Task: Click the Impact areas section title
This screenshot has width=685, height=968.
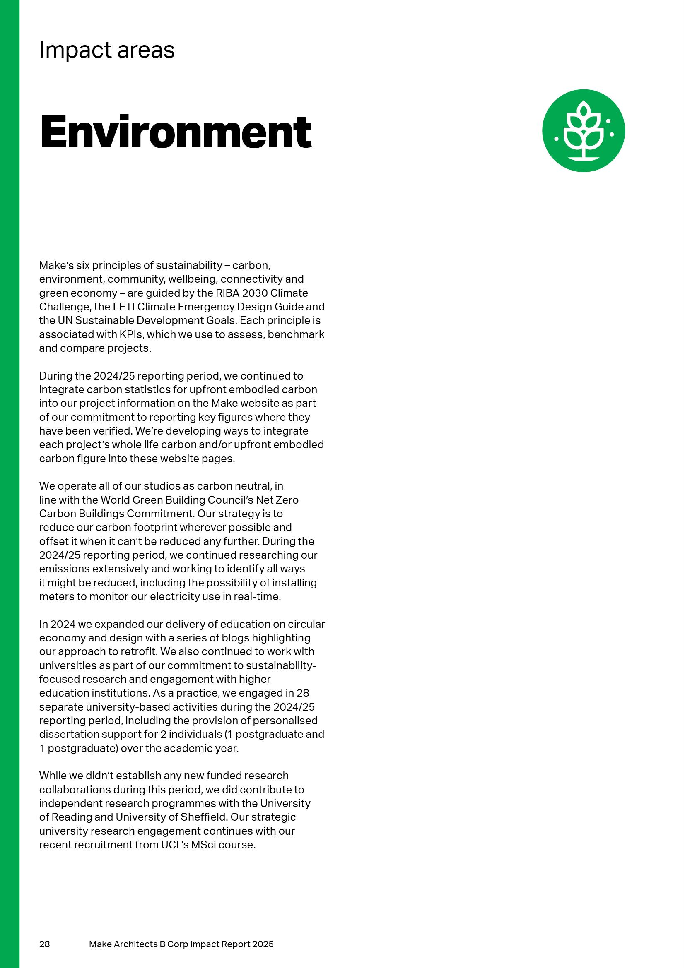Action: click(x=107, y=50)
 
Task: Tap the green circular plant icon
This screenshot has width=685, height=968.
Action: click(x=583, y=131)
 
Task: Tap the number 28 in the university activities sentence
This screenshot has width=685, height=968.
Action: click(x=303, y=693)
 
